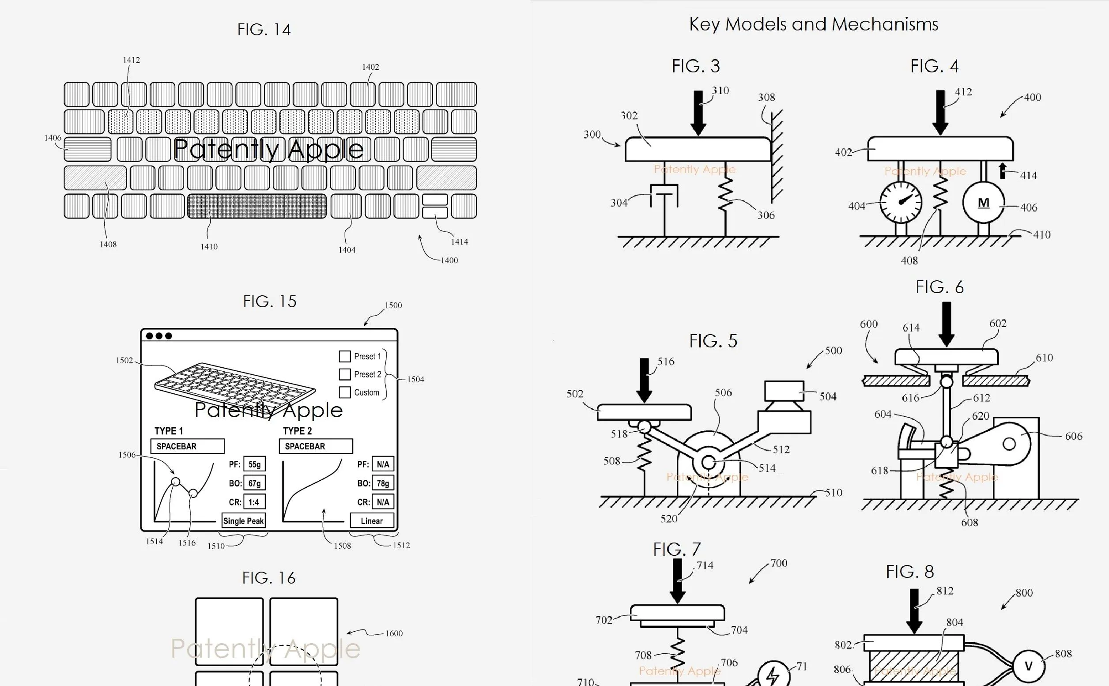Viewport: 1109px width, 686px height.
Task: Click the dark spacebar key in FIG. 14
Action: (257, 207)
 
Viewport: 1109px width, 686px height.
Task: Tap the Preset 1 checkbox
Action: (345, 356)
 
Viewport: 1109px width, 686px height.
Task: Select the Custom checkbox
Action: (345, 392)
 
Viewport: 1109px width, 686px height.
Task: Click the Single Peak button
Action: (244, 521)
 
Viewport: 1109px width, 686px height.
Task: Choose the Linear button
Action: (372, 521)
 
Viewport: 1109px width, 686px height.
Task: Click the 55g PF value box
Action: (255, 464)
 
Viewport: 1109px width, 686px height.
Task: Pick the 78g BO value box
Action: (383, 483)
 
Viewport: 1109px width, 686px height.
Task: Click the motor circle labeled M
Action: (983, 202)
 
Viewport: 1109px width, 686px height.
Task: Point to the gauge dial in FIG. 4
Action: (901, 202)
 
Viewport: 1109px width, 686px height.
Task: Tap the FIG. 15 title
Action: (270, 302)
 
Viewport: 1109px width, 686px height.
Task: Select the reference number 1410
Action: (209, 247)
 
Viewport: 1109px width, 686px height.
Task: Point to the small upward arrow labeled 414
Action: (1003, 170)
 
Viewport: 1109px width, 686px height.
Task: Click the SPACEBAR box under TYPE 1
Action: (187, 446)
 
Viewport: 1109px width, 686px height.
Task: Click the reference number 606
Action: (1074, 437)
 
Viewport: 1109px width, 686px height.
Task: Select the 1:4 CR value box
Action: (255, 502)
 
